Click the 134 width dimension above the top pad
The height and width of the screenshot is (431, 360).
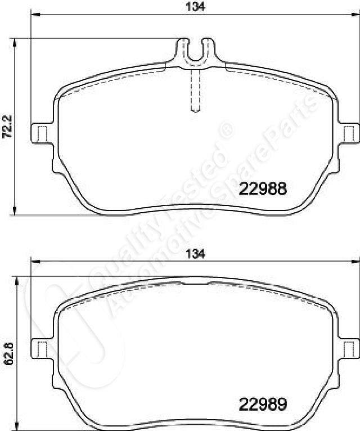[195, 7]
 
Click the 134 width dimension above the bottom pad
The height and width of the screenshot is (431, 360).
[195, 254]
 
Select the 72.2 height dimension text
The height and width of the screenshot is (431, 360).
[7, 127]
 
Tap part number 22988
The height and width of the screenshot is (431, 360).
[263, 189]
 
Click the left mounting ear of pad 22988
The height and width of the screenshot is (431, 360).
[41, 133]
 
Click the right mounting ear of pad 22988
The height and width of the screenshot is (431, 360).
[348, 133]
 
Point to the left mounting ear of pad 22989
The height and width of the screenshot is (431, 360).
[41, 348]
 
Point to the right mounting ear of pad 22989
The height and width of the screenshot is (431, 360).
[348, 348]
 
